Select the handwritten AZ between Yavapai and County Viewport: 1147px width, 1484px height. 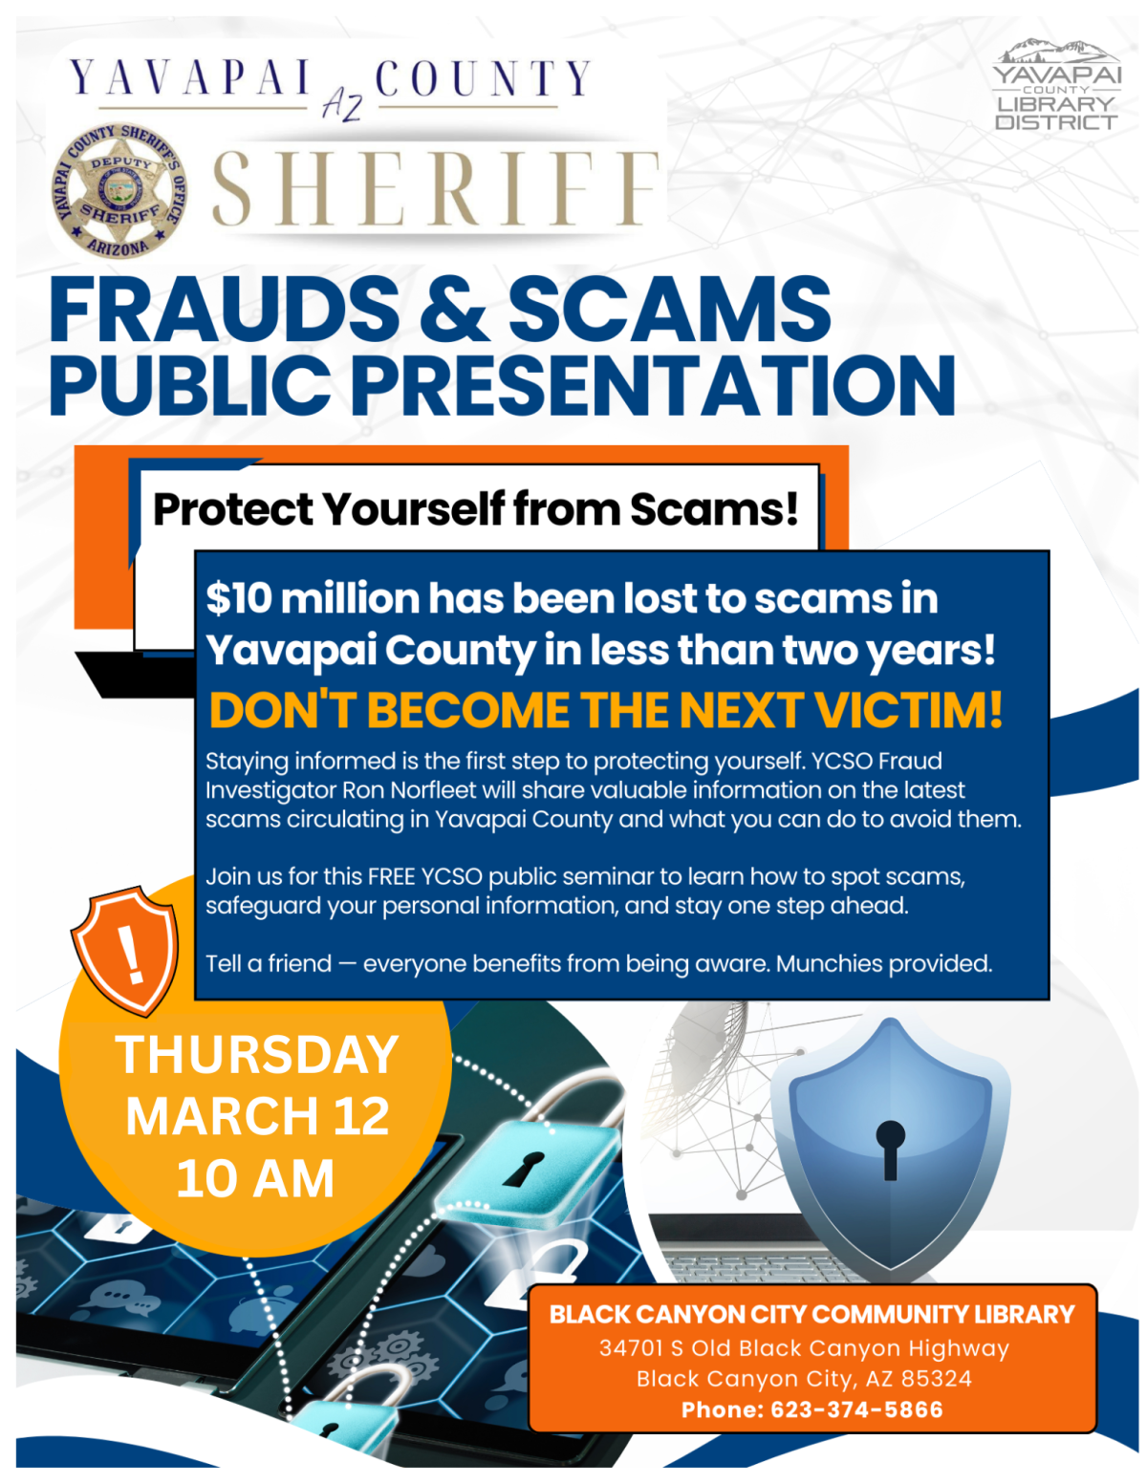click(x=341, y=100)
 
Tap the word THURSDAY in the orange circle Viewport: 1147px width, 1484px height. click(x=256, y=1055)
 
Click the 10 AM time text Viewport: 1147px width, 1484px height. click(x=255, y=1179)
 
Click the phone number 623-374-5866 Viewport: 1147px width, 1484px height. click(x=856, y=1409)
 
